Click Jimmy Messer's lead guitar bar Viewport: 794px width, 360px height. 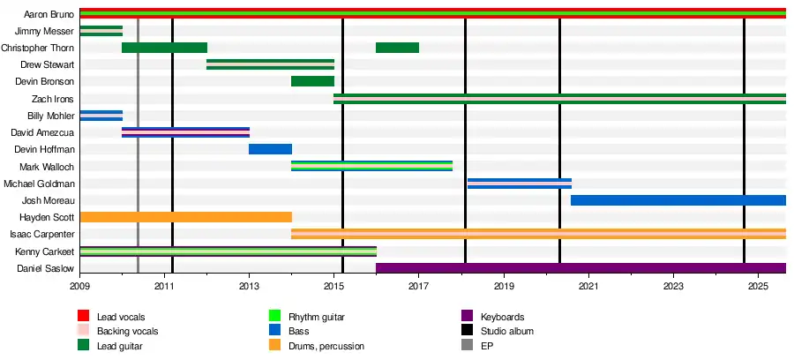click(x=101, y=31)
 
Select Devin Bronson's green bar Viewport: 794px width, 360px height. click(x=312, y=81)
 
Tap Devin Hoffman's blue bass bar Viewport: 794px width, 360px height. click(x=270, y=149)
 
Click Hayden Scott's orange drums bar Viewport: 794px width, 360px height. click(x=185, y=217)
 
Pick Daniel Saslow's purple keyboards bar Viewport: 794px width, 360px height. click(x=581, y=268)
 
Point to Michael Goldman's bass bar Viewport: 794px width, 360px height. click(x=520, y=184)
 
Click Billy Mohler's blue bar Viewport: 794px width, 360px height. click(x=101, y=116)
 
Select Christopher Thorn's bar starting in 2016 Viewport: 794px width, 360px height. click(x=397, y=48)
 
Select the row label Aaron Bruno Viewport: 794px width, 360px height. click(x=49, y=14)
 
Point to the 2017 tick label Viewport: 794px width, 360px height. click(x=418, y=287)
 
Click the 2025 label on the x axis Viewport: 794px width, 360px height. click(x=758, y=287)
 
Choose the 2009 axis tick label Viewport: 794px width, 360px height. click(x=80, y=287)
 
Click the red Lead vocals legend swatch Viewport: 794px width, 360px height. click(x=85, y=317)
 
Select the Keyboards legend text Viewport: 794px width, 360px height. click(x=502, y=317)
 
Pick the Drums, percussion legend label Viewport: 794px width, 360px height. click(x=326, y=346)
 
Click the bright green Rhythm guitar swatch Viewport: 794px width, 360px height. click(x=274, y=317)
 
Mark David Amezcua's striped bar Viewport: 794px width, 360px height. click(x=185, y=132)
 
